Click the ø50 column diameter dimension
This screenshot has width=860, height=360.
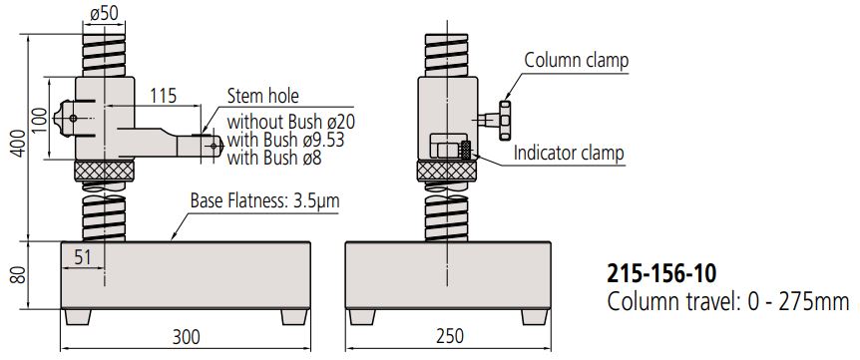(x=105, y=15)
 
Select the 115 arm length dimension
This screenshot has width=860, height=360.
(x=162, y=96)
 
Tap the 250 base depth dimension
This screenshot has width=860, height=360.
(x=448, y=338)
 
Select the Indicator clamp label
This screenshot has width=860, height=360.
(x=569, y=154)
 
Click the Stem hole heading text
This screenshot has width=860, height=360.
(x=264, y=97)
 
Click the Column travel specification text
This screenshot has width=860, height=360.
(x=727, y=300)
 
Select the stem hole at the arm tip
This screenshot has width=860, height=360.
(x=213, y=145)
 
